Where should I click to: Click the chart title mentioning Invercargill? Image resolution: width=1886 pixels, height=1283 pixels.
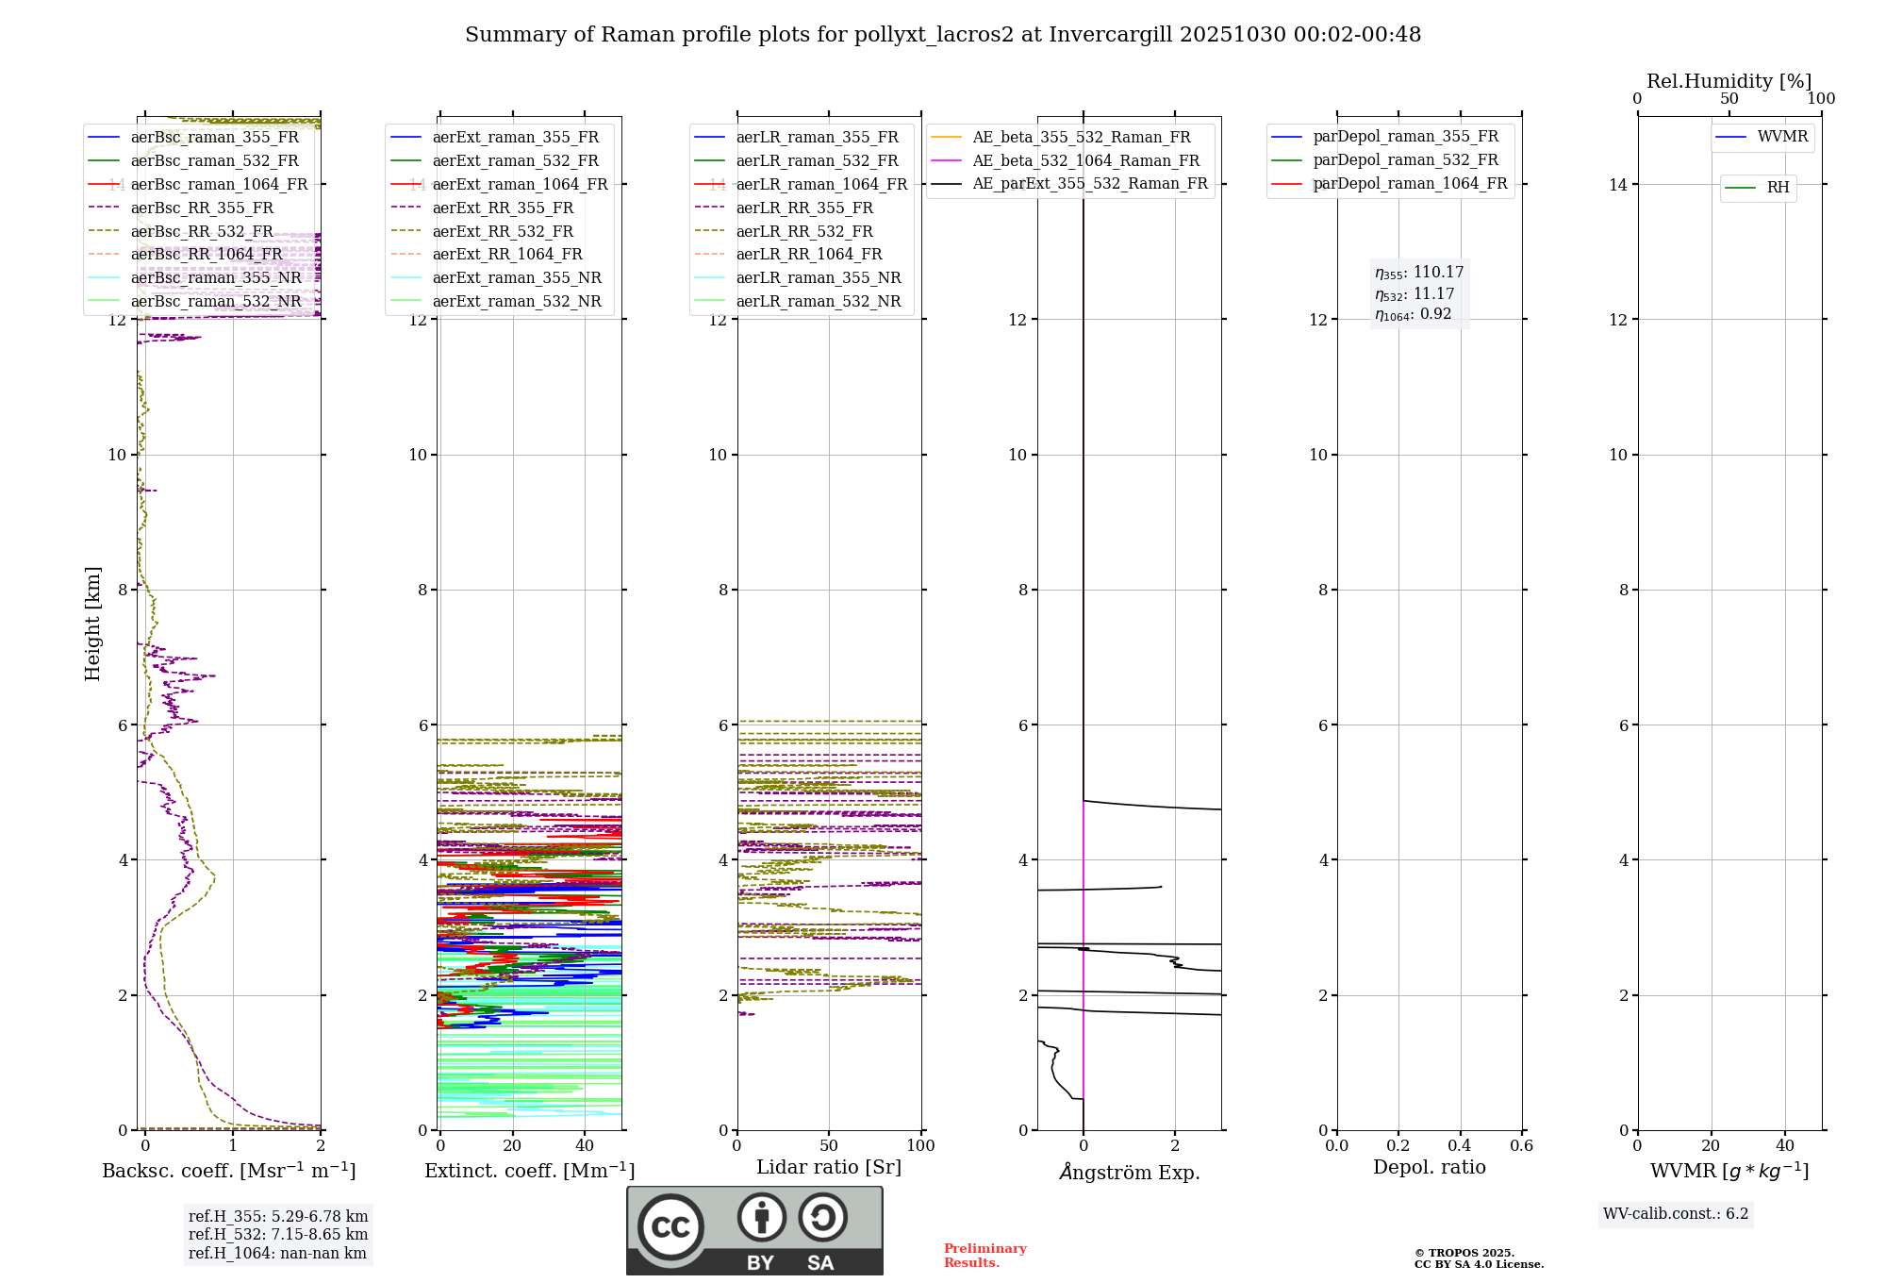tap(943, 35)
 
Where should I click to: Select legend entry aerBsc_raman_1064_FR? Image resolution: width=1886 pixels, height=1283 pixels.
tap(219, 184)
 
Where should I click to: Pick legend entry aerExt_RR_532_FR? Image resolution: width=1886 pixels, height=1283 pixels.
tap(502, 231)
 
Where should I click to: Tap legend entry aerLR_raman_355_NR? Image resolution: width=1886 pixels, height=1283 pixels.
tap(818, 277)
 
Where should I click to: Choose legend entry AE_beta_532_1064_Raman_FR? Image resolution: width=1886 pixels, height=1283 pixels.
tap(1085, 160)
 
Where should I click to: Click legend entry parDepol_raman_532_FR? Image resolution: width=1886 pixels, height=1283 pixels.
tap(1405, 160)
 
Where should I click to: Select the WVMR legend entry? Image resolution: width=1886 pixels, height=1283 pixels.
tap(1782, 137)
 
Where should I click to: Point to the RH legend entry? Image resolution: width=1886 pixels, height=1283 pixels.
tap(1778, 188)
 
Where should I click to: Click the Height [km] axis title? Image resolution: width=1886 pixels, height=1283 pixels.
tap(92, 623)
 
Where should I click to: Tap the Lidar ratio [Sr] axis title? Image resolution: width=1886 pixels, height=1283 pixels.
tap(829, 1167)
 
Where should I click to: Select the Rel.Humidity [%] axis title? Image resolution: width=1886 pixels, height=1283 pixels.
tap(1729, 81)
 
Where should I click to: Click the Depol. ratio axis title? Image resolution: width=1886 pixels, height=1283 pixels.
tap(1429, 1167)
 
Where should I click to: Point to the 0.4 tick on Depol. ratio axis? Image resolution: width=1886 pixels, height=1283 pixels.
tap(1460, 1145)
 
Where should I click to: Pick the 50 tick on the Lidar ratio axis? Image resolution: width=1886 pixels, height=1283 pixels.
tap(829, 1145)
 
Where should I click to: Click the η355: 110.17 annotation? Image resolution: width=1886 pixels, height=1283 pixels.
tap(1419, 273)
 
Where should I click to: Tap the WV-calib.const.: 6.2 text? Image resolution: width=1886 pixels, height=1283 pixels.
tap(1676, 1214)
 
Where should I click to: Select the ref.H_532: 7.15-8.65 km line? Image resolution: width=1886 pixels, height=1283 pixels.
tap(278, 1234)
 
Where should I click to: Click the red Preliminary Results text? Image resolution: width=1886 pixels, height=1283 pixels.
tap(984, 1256)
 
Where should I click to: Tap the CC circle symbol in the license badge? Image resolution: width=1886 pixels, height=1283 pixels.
tap(670, 1227)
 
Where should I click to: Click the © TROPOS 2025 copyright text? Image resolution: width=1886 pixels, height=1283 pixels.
tap(1464, 1253)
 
